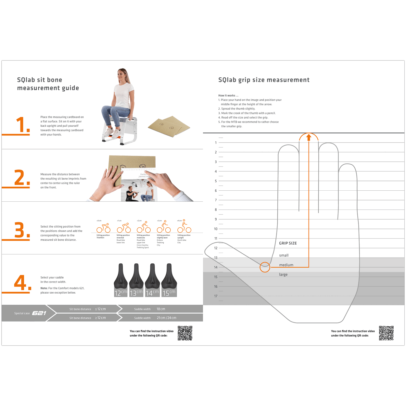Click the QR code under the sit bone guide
click(x=185, y=333)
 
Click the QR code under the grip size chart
click(x=386, y=333)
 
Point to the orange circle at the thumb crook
click(x=265, y=267)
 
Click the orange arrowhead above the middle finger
click(x=309, y=137)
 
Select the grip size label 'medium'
click(x=286, y=265)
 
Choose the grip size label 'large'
click(x=283, y=274)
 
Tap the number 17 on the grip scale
click(x=216, y=296)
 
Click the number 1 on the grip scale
click(x=216, y=143)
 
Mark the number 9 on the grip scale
click(x=216, y=219)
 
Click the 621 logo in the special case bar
click(x=39, y=313)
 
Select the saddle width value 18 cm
click(x=161, y=309)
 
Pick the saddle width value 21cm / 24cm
click(x=166, y=318)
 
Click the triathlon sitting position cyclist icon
click(x=104, y=228)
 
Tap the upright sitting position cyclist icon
click(x=184, y=227)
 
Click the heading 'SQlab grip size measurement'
click(x=264, y=80)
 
